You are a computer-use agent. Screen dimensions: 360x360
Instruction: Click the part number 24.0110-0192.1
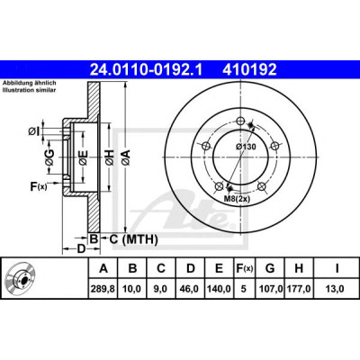147,69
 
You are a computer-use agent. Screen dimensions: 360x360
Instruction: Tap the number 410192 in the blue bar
249,69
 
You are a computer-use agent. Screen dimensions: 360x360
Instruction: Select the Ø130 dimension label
246,147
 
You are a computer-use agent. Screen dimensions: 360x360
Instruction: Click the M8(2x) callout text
238,199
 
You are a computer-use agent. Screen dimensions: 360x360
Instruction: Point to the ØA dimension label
126,157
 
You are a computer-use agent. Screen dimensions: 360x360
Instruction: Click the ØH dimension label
110,157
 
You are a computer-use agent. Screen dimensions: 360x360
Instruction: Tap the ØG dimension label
50,157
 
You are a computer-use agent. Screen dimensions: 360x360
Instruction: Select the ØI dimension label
34,131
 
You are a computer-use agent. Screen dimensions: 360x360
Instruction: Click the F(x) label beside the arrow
39,186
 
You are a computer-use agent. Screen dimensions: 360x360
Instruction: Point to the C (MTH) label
133,239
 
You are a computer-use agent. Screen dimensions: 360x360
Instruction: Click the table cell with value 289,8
103,289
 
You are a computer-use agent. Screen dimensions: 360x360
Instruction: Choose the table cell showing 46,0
191,289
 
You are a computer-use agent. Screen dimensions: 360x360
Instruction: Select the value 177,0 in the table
299,289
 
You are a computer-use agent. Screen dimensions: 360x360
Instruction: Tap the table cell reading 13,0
337,289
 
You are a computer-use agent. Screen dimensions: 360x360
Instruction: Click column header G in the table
270,268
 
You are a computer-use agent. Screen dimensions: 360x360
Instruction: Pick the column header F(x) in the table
244,268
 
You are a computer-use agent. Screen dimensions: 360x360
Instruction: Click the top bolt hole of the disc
239,121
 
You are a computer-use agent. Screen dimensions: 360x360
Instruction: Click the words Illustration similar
29,90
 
